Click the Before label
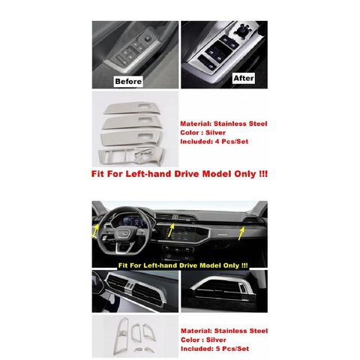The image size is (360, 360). pyautogui.click(x=128, y=81)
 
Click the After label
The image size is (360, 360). pyautogui.click(x=244, y=78)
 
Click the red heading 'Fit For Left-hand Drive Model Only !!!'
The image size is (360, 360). pyautogui.click(x=179, y=174)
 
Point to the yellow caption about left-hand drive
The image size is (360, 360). pyautogui.click(x=183, y=265)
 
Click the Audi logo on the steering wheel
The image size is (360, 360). pyautogui.click(x=123, y=234)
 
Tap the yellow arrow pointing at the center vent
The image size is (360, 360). pyautogui.click(x=171, y=230)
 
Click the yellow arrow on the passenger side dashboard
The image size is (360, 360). pyautogui.click(x=241, y=233)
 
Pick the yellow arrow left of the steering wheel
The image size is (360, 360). pyautogui.click(x=95, y=231)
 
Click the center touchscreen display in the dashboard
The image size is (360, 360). pyautogui.click(x=185, y=233)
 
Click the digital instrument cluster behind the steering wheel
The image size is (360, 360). pyautogui.click(x=131, y=220)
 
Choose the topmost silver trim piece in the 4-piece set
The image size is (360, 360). pyautogui.click(x=131, y=108)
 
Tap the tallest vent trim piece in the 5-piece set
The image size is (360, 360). pyautogui.click(x=121, y=335)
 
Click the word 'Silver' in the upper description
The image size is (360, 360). pyautogui.click(x=215, y=133)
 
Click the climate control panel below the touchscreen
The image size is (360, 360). pyautogui.click(x=178, y=250)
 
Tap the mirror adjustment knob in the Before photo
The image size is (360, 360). pyautogui.click(x=148, y=37)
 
